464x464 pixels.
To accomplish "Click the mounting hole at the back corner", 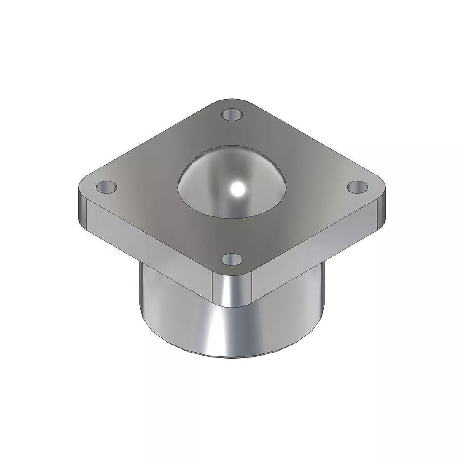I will pyautogui.click(x=232, y=114).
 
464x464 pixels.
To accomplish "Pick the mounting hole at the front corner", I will pyautogui.click(x=231, y=259).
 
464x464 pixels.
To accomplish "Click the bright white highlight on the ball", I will pyautogui.click(x=237, y=189).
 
